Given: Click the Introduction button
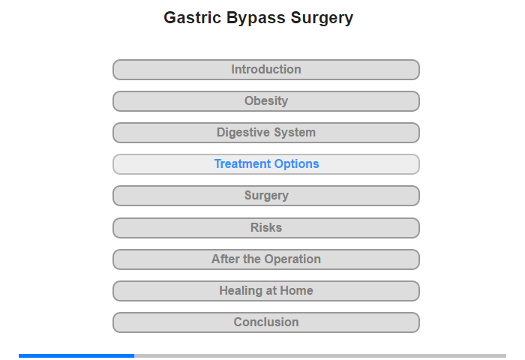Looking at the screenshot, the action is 266,70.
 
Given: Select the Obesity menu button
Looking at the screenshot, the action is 266,101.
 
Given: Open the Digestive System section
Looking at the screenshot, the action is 266,133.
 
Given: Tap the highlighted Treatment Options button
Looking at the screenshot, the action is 266,164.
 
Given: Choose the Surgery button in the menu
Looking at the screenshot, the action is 266,196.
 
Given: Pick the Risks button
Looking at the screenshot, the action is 266,228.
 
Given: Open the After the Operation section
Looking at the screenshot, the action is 266,259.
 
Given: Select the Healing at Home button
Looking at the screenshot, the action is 266,291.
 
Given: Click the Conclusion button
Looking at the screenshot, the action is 266,322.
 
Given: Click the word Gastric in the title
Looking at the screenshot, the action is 193,17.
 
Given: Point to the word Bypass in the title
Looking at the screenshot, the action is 256,19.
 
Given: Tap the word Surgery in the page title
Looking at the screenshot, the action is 322,19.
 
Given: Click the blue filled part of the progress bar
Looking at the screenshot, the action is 76,355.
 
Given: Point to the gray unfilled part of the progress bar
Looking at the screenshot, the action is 320,355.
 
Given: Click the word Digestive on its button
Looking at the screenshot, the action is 243,133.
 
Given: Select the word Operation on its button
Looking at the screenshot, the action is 292,259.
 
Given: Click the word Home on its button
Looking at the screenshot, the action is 296,291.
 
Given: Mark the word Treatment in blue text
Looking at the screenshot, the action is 242,164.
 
